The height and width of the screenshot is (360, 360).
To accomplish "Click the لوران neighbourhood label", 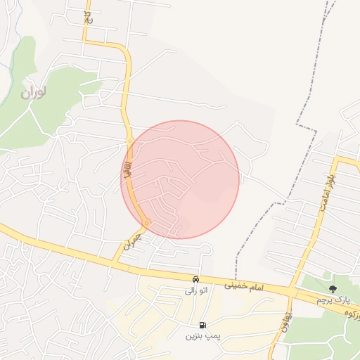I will pos(34,92).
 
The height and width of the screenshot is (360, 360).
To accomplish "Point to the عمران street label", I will pos(132,241).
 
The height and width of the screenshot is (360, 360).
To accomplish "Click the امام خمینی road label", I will pos(243,286).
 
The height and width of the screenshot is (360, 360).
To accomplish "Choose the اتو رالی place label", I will pos(196,290).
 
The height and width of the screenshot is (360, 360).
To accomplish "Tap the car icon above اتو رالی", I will pos(196,280).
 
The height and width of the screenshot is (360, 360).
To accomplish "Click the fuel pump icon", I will pos(203,325).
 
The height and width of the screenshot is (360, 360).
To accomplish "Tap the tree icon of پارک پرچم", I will pos(332,288).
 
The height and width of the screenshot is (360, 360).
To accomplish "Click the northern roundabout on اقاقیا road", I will pos(131,141).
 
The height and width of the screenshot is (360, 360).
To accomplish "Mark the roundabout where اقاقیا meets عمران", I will pos(146,224).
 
